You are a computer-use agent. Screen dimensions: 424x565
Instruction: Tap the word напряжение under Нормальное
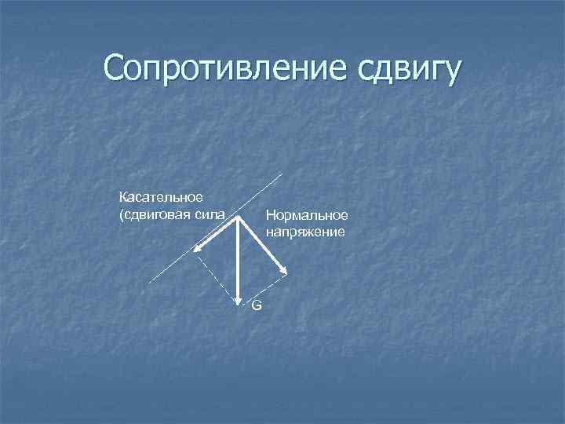tap(304, 232)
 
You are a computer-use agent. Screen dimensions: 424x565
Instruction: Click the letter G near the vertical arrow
tap(257, 305)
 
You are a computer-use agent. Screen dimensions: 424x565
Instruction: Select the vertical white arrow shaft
tap(238, 259)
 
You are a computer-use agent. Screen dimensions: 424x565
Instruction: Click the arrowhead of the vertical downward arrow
tap(238, 298)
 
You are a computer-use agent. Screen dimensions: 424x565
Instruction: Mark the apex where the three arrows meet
tap(238, 219)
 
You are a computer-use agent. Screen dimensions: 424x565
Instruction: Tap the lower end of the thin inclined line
tap(151, 282)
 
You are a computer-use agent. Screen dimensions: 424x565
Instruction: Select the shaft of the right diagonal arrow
tap(261, 244)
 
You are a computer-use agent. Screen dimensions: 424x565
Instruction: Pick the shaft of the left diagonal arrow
tap(217, 233)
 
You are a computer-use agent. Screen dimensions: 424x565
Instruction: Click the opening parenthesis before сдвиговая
tap(121, 214)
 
